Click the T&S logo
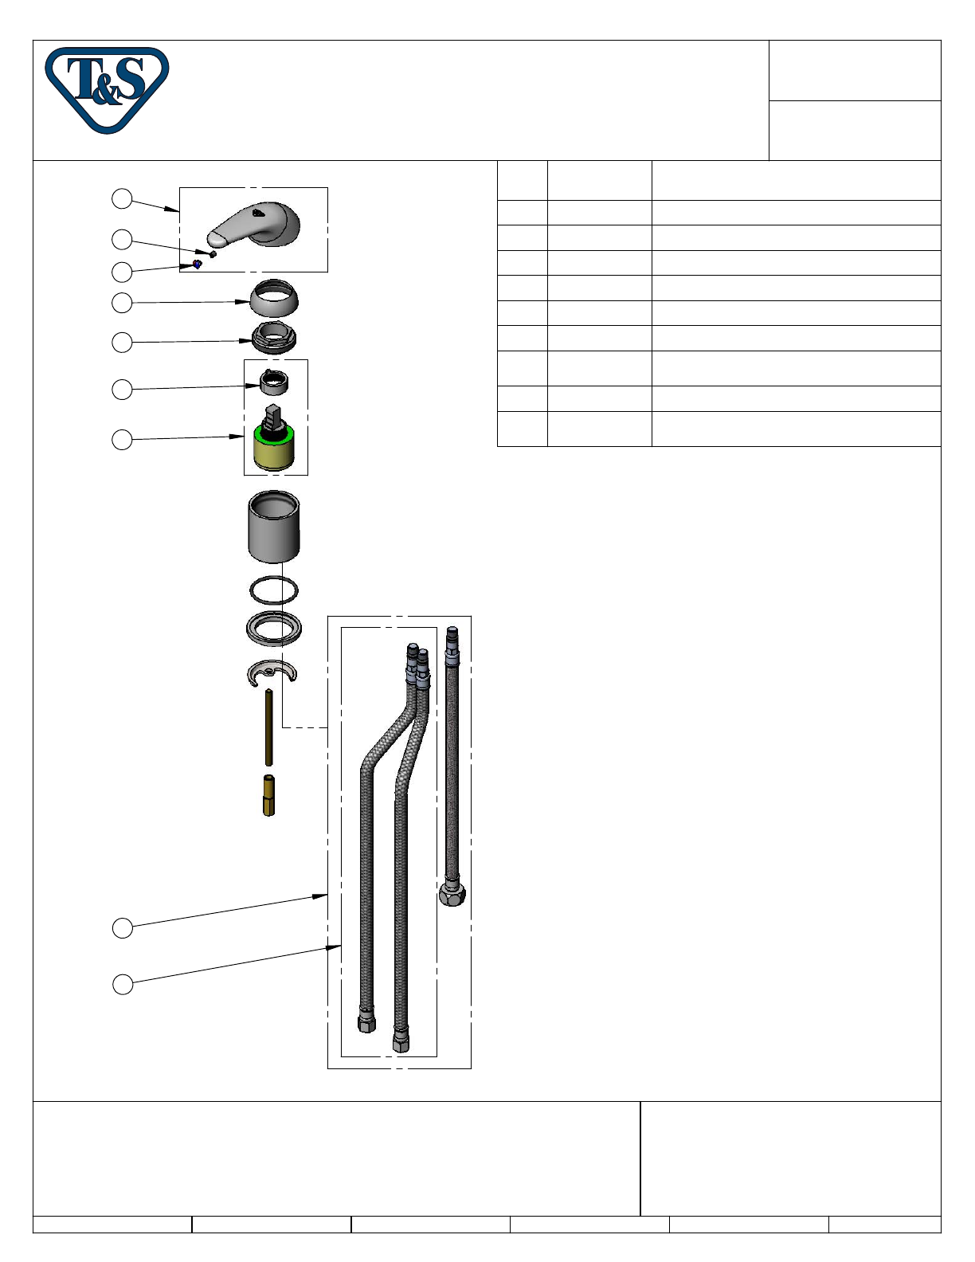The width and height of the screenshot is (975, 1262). tap(107, 90)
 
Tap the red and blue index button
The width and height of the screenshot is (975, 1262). tap(197, 265)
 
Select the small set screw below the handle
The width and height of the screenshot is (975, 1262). tap(213, 254)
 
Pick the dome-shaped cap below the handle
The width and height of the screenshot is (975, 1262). tap(274, 298)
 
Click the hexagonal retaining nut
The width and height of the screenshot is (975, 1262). tap(274, 338)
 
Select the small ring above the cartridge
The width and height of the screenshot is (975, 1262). tap(274, 382)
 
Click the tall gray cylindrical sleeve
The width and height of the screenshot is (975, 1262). tap(273, 526)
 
